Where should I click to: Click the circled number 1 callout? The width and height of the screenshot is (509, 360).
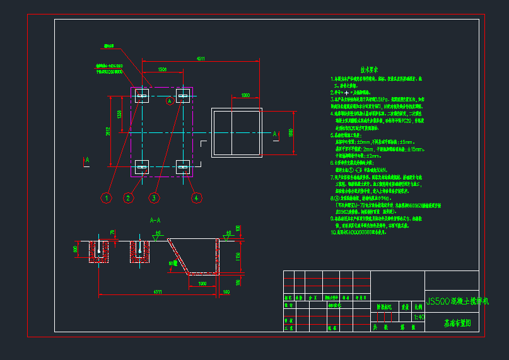pos(107,198)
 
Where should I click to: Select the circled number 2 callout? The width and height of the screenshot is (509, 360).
pos(128,198)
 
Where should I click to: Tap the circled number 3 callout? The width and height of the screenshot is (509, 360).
pos(153,198)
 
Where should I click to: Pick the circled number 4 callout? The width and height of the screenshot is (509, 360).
pos(197,198)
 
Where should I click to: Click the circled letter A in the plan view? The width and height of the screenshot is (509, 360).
pos(169,101)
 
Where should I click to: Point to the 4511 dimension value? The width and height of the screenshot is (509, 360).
pos(201,59)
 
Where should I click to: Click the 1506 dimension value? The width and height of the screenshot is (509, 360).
pos(162,70)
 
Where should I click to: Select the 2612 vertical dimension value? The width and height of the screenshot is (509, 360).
pos(108,132)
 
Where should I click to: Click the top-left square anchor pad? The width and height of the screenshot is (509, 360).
pos(141,96)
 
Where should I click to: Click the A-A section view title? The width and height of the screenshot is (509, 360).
pos(155,221)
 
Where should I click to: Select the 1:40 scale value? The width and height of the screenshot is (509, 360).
pos(418,317)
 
